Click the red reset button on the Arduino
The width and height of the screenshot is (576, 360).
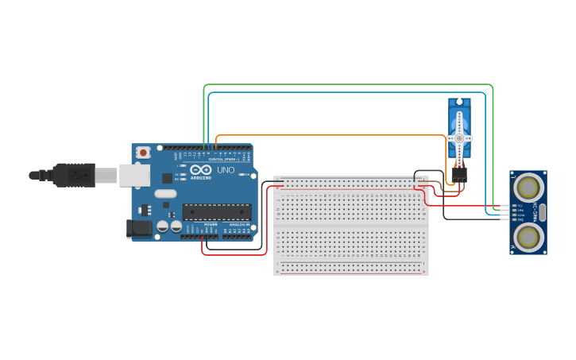[x=143, y=152]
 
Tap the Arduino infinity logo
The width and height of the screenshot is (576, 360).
[x=199, y=169]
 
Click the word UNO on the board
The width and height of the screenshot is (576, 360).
[x=226, y=170]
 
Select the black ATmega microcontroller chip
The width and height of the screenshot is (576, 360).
[x=217, y=211]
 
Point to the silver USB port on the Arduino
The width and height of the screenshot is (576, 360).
[x=134, y=176]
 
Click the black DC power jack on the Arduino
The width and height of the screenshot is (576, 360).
[x=139, y=229]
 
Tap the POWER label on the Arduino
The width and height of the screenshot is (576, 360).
[x=211, y=225]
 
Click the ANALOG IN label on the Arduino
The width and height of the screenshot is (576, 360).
[x=238, y=225]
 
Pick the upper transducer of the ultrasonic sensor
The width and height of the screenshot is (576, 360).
[x=528, y=188]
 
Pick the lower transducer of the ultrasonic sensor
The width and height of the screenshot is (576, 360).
[x=528, y=236]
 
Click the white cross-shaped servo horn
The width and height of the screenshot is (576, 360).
[x=459, y=137]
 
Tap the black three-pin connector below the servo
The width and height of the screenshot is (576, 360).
[x=458, y=172]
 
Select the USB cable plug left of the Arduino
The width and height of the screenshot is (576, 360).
[x=75, y=175]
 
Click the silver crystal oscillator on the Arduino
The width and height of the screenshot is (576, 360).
[x=165, y=194]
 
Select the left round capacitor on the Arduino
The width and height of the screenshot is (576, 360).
[x=163, y=226]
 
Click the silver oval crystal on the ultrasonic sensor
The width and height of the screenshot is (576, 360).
[x=543, y=211]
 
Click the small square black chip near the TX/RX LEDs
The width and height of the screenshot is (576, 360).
[x=168, y=179]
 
